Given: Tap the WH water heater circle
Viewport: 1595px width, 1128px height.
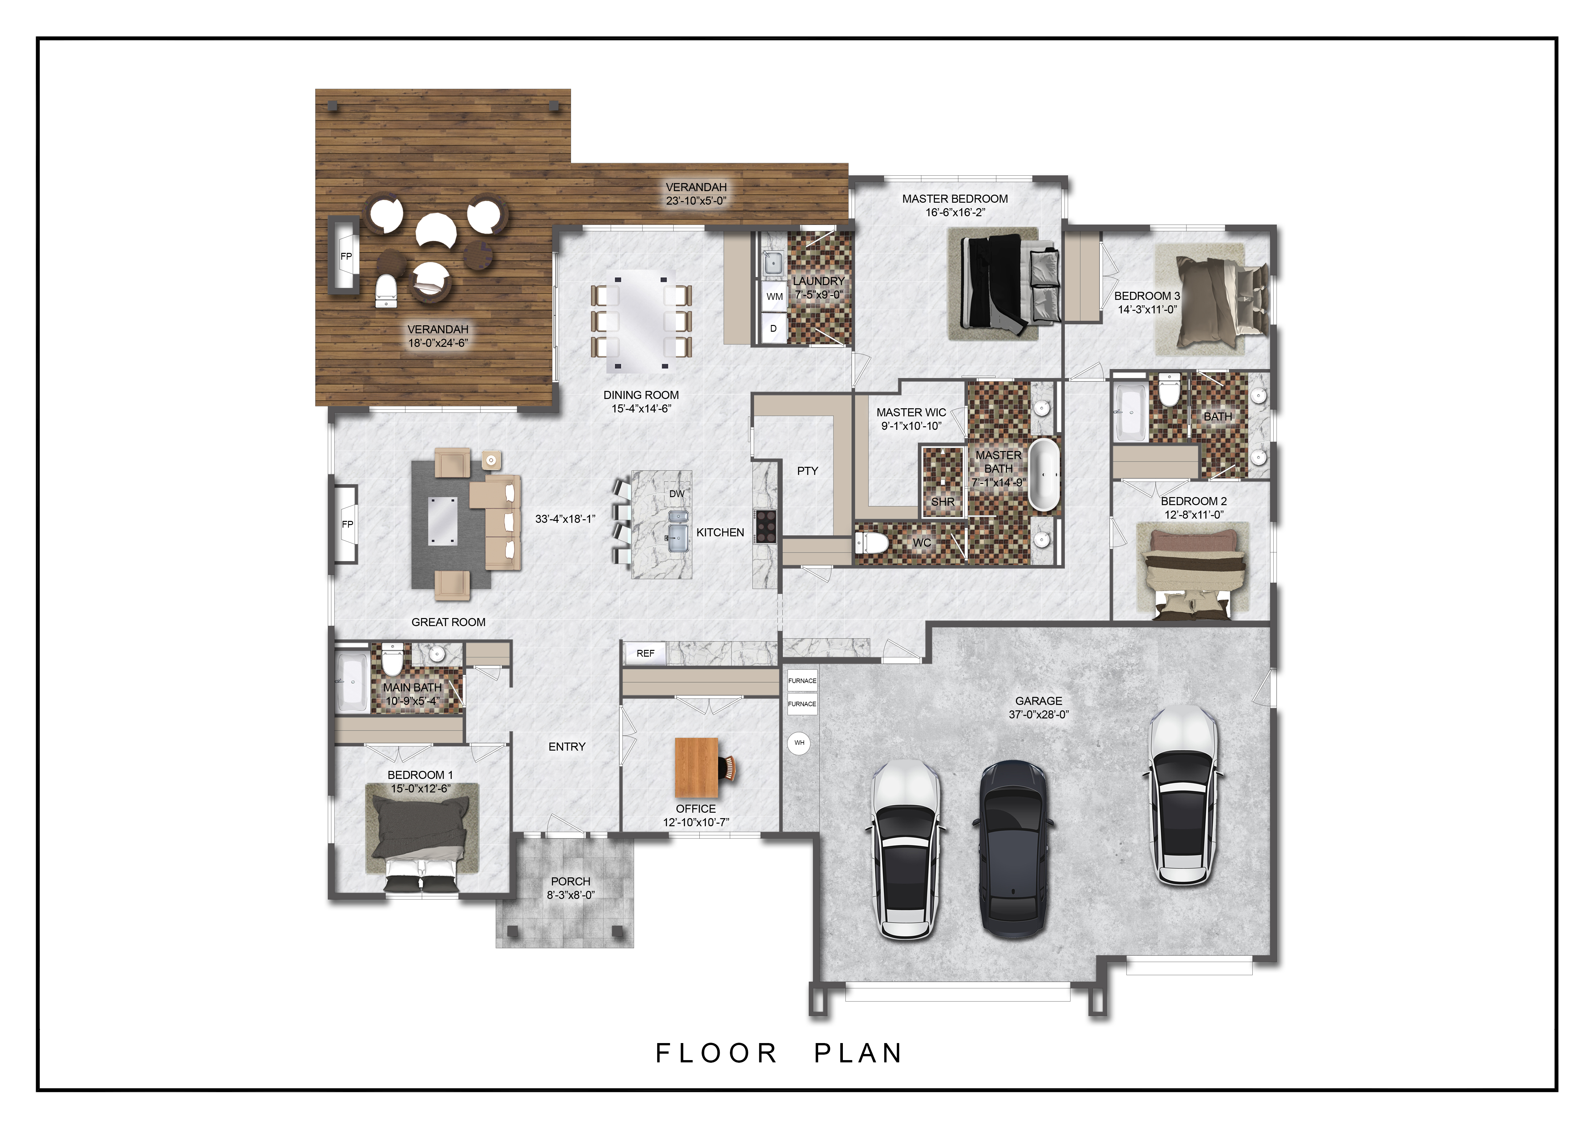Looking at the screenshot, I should (x=799, y=743).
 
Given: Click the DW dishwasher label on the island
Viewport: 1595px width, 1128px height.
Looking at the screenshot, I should (x=677, y=494).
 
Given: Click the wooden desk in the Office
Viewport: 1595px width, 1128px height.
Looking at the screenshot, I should (x=697, y=768).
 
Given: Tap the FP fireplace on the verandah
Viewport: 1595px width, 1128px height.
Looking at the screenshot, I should (x=345, y=256).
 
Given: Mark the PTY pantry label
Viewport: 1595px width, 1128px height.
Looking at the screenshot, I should (x=807, y=471).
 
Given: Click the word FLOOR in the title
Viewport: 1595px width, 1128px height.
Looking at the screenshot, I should (x=716, y=1053).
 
